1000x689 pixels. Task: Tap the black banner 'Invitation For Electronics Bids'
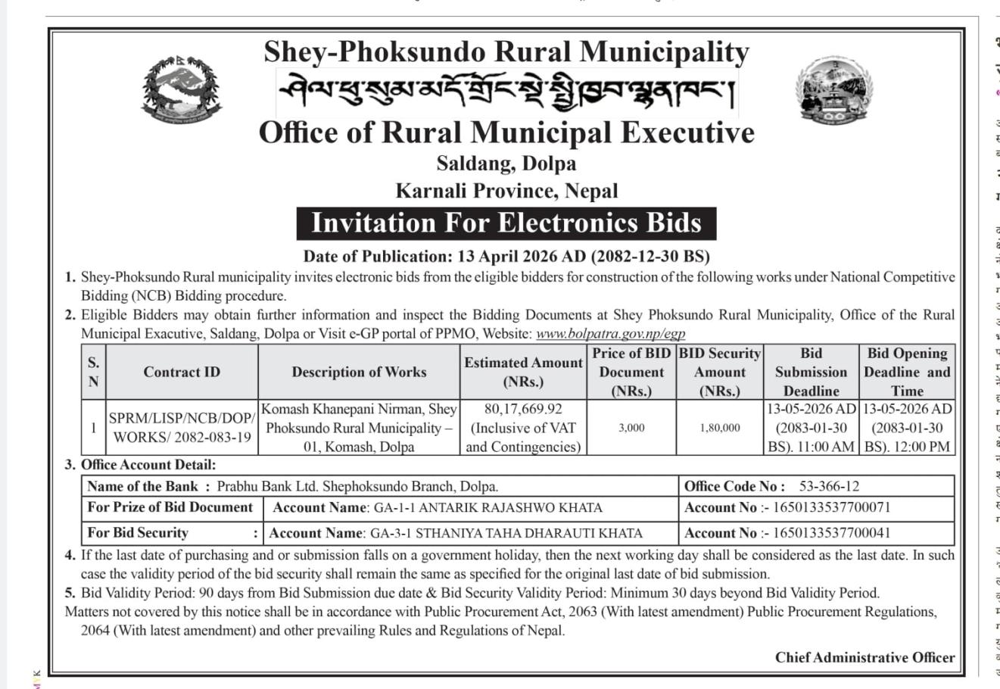506,223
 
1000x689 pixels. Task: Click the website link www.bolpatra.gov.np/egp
610,333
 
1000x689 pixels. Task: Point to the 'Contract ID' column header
182,372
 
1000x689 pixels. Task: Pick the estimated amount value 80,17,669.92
523,410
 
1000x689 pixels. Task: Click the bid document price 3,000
631,428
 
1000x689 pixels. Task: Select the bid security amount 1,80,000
720,428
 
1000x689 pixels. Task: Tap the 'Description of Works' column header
359,372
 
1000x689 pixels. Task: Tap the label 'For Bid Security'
138,533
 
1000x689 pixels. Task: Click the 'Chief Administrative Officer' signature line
864,658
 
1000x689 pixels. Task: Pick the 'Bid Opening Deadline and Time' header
907,372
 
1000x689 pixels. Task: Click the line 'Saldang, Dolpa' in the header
506,164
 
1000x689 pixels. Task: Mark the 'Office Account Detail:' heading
148,465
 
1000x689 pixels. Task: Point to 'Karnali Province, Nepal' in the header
506,191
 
